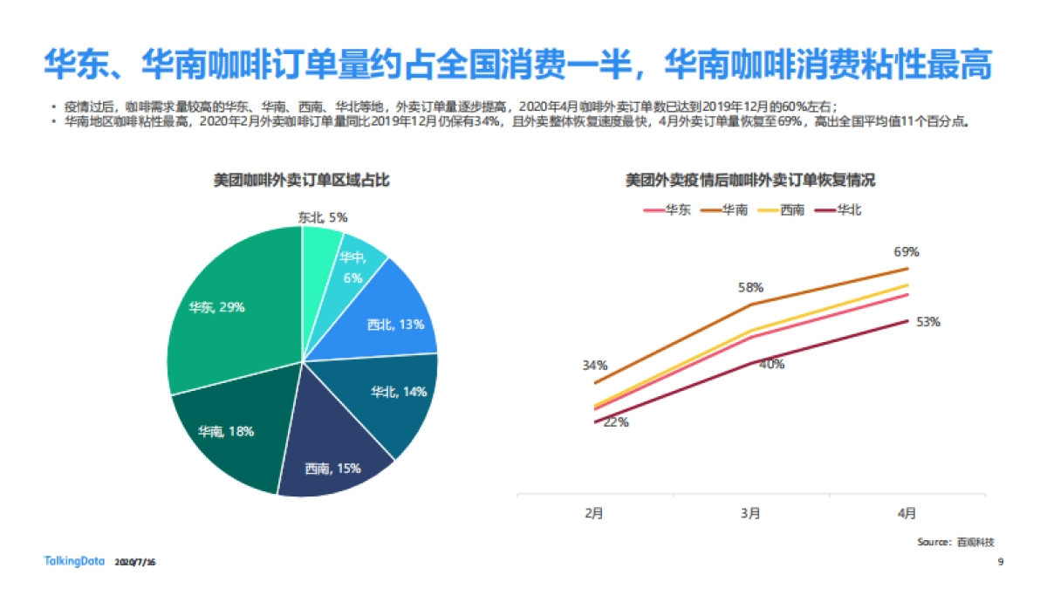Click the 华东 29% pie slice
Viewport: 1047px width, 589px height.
tap(227, 314)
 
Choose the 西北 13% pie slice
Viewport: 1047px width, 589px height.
tap(393, 318)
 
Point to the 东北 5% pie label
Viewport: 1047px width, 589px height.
tap(323, 217)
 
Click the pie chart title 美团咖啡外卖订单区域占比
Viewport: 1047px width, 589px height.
tap(301, 181)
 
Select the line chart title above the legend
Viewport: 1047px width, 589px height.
tap(750, 181)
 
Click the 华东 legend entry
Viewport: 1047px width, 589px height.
tap(667, 209)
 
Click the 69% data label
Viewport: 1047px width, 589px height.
tap(906, 252)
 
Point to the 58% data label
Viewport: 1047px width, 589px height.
tap(751, 287)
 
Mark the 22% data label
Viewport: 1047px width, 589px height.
tap(616, 422)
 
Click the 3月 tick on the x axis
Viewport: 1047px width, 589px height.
tap(750, 513)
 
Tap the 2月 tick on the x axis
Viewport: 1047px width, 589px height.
tap(594, 513)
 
